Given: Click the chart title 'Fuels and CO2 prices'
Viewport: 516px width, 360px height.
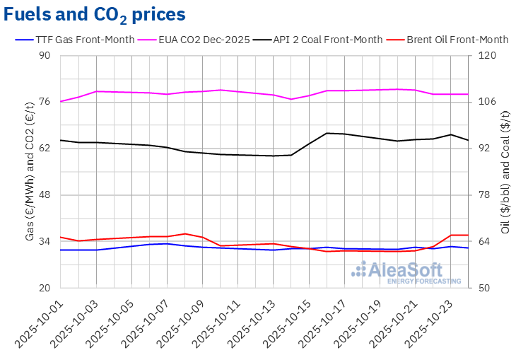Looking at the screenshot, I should click(95, 14).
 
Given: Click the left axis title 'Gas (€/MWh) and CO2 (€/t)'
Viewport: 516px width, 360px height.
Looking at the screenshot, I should click(30, 172).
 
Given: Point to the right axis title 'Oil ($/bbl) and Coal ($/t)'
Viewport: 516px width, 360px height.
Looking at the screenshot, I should click(505, 172).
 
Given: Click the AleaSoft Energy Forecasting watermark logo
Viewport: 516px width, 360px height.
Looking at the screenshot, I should click(407, 272).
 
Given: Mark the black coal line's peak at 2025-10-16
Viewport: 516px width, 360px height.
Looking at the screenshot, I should click(327, 133).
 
